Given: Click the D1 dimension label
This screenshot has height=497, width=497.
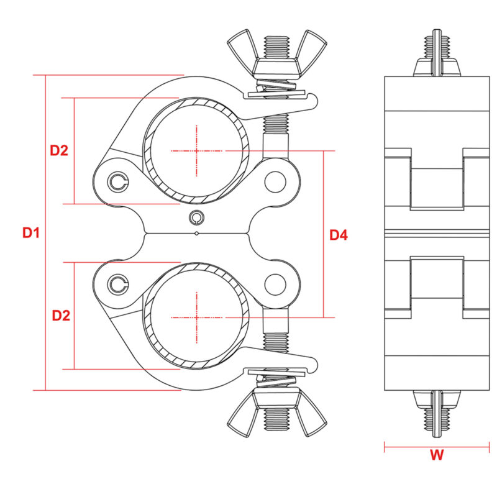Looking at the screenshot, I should tap(31, 233).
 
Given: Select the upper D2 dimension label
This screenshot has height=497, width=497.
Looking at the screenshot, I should tap(59, 150).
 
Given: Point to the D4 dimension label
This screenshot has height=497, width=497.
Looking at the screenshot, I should tap(339, 235).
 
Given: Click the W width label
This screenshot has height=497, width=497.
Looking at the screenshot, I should tap(437, 455).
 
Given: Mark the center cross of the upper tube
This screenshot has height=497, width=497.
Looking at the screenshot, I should tap(197, 150).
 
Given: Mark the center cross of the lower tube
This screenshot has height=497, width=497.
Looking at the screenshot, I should tap(197, 317).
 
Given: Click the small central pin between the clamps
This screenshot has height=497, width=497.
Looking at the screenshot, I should tap(197, 217).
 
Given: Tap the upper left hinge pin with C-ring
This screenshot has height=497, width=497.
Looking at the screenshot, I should tap(118, 181).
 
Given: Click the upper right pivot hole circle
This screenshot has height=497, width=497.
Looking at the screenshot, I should tap(274, 182).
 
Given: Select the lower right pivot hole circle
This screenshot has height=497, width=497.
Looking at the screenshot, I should tap(274, 284).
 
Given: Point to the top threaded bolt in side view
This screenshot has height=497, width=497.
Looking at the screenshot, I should tap(437, 50).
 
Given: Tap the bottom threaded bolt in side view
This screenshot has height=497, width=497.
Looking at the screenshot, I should tap(437, 415).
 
